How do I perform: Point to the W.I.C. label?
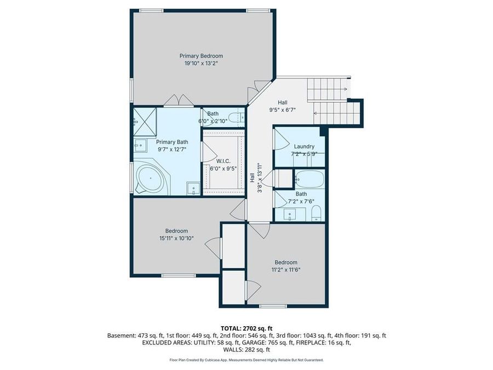point(223,161)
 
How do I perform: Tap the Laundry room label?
point(304,146)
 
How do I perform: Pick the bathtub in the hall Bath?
point(309,179)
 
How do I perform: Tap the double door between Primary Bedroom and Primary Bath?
point(179,101)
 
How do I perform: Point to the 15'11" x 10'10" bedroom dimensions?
point(176,238)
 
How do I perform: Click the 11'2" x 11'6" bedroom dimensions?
point(286,270)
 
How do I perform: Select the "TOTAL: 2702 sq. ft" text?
point(246,327)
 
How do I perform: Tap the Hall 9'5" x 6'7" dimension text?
point(283,110)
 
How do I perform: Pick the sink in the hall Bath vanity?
point(290,215)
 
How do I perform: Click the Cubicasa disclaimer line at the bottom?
point(246,360)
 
